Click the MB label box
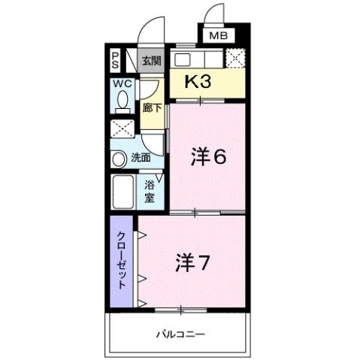pyautogui.click(x=217, y=35)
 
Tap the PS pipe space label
pyautogui.click(x=116, y=59)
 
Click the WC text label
pyautogui.click(x=123, y=84)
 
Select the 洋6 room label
pyautogui.click(x=208, y=157)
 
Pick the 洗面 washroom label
pyautogui.click(x=141, y=158)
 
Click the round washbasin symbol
pyautogui.click(x=119, y=159)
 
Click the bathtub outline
pyautogui.click(x=123, y=191)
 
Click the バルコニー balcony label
pyautogui.click(x=181, y=333)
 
